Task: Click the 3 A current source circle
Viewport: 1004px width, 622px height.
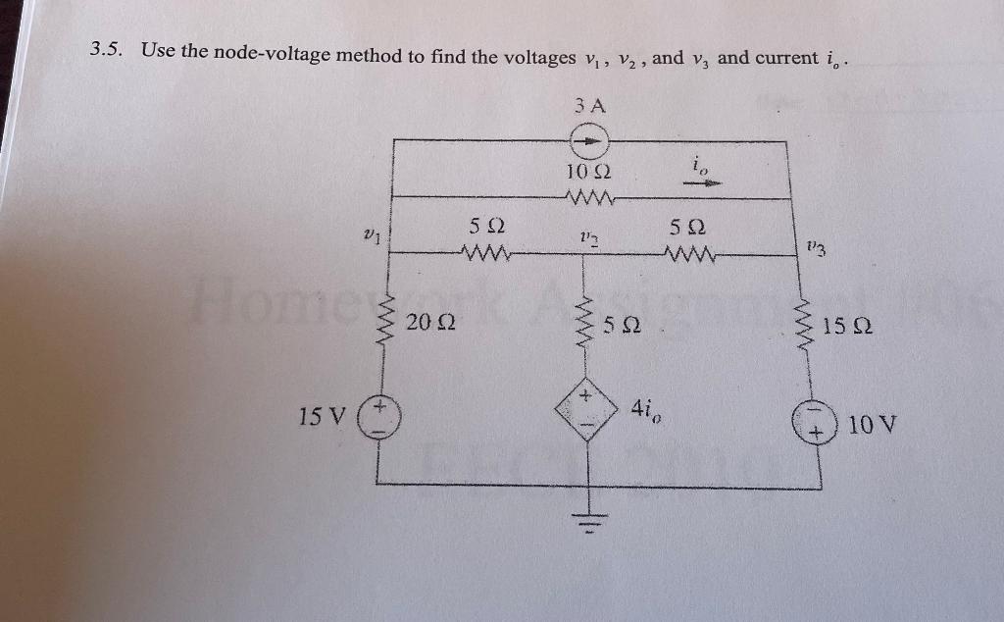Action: pyautogui.click(x=590, y=141)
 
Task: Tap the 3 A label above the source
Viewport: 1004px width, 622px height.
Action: pyautogui.click(x=590, y=104)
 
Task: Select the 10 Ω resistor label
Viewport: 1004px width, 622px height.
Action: pyautogui.click(x=588, y=173)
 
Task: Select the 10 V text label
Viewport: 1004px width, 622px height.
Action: pyautogui.click(x=873, y=426)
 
